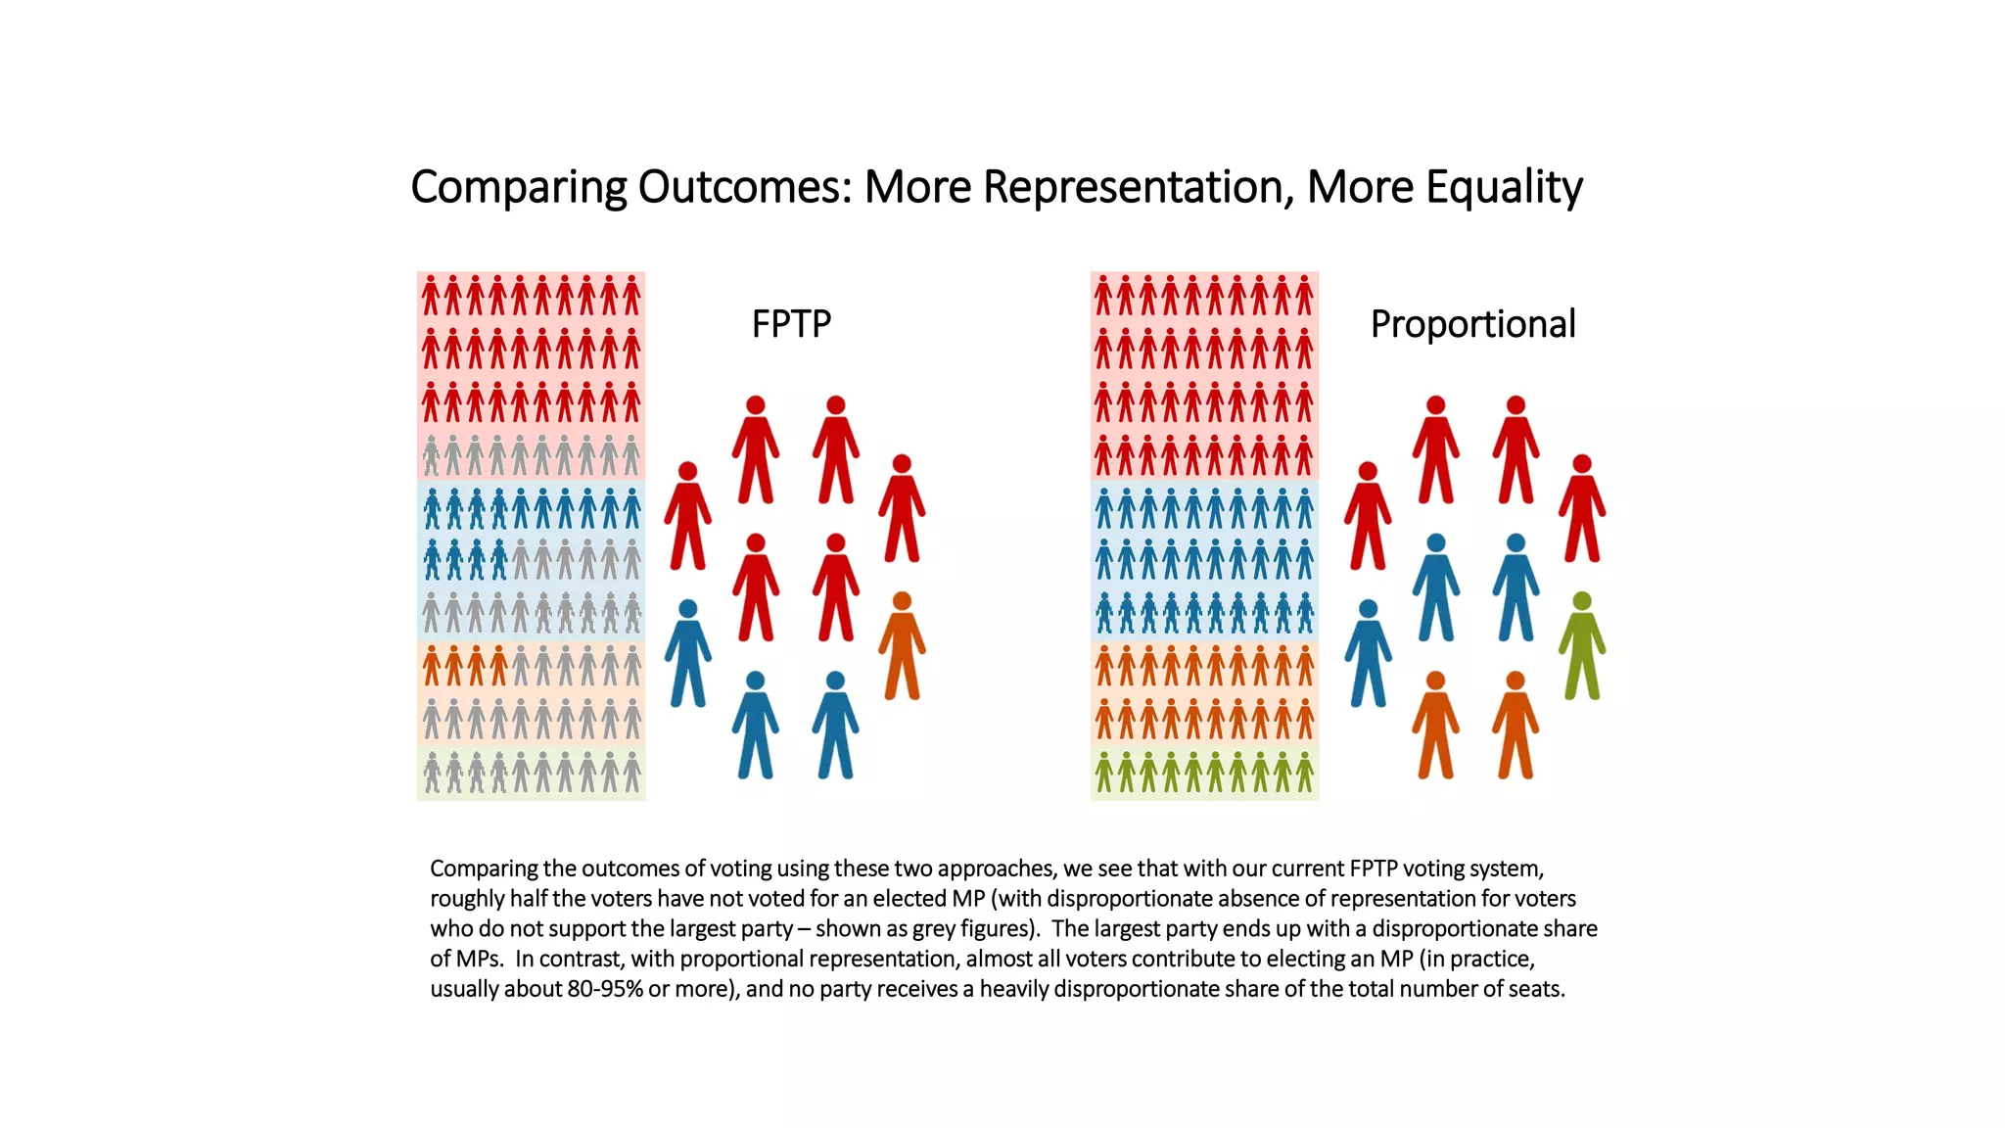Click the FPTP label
click(x=791, y=324)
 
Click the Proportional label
click(x=1472, y=324)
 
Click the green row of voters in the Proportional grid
click(x=1204, y=773)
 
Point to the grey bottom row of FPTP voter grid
click(x=532, y=773)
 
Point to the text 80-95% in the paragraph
click(x=605, y=989)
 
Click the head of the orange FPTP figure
click(x=902, y=601)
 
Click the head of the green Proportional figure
click(x=1582, y=601)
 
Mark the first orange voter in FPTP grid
click(x=432, y=666)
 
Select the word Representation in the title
click(x=1137, y=187)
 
